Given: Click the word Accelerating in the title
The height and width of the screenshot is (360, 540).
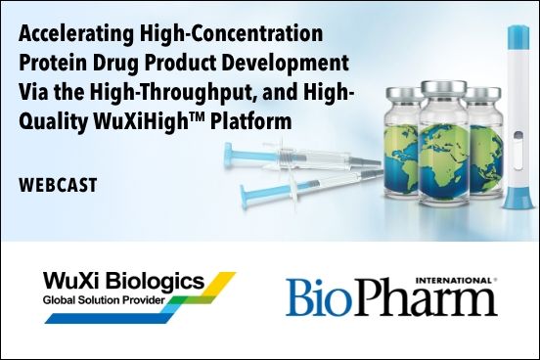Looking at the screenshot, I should (x=68, y=35).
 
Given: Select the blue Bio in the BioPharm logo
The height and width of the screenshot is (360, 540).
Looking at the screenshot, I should (x=319, y=298).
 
